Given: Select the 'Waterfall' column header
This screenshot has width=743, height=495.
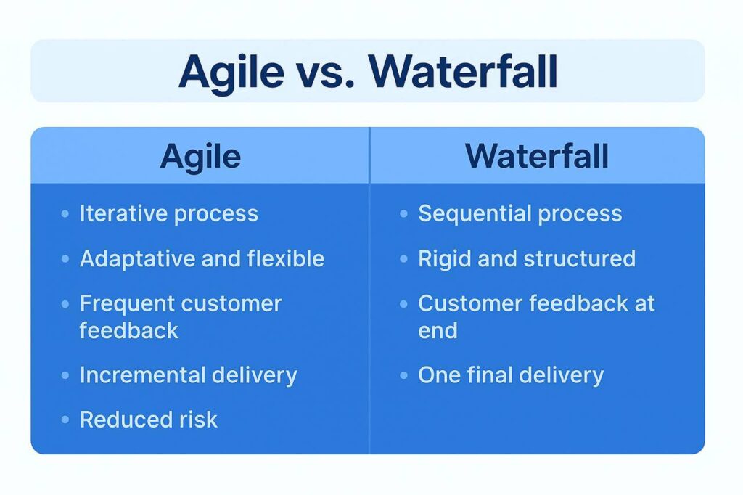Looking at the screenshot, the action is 537,156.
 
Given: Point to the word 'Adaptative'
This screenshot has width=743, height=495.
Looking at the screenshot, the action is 137,259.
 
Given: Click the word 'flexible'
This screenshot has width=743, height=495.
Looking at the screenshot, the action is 286,259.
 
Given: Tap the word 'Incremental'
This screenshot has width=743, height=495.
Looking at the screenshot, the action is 142,375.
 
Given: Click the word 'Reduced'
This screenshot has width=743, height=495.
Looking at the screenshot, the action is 123,420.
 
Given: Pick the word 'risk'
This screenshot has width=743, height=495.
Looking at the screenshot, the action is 199,420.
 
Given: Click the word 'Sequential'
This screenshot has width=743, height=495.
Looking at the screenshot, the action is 475,214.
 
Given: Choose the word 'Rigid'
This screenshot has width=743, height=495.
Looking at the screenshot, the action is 445,259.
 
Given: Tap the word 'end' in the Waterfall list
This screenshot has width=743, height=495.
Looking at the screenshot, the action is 438,330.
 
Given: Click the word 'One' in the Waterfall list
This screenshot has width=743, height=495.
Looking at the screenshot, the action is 439,375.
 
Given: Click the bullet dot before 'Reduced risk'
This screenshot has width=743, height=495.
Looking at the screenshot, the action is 65,420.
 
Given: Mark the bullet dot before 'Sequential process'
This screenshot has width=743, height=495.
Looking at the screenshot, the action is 403,214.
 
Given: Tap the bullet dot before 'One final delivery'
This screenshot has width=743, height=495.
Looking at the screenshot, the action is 403,375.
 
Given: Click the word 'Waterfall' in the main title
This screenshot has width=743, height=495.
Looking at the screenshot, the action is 463,72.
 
